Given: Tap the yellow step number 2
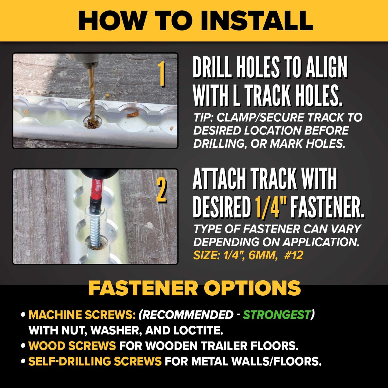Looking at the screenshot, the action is [161, 190].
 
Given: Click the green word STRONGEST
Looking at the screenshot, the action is [277, 314].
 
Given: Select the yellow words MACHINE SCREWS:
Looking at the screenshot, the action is [82, 314].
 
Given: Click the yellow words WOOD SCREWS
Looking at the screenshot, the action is [72, 346].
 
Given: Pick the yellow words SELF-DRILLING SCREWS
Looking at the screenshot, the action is [95, 361].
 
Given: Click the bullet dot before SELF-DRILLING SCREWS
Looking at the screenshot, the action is [23, 362].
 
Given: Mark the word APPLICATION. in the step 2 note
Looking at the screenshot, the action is [321, 242].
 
